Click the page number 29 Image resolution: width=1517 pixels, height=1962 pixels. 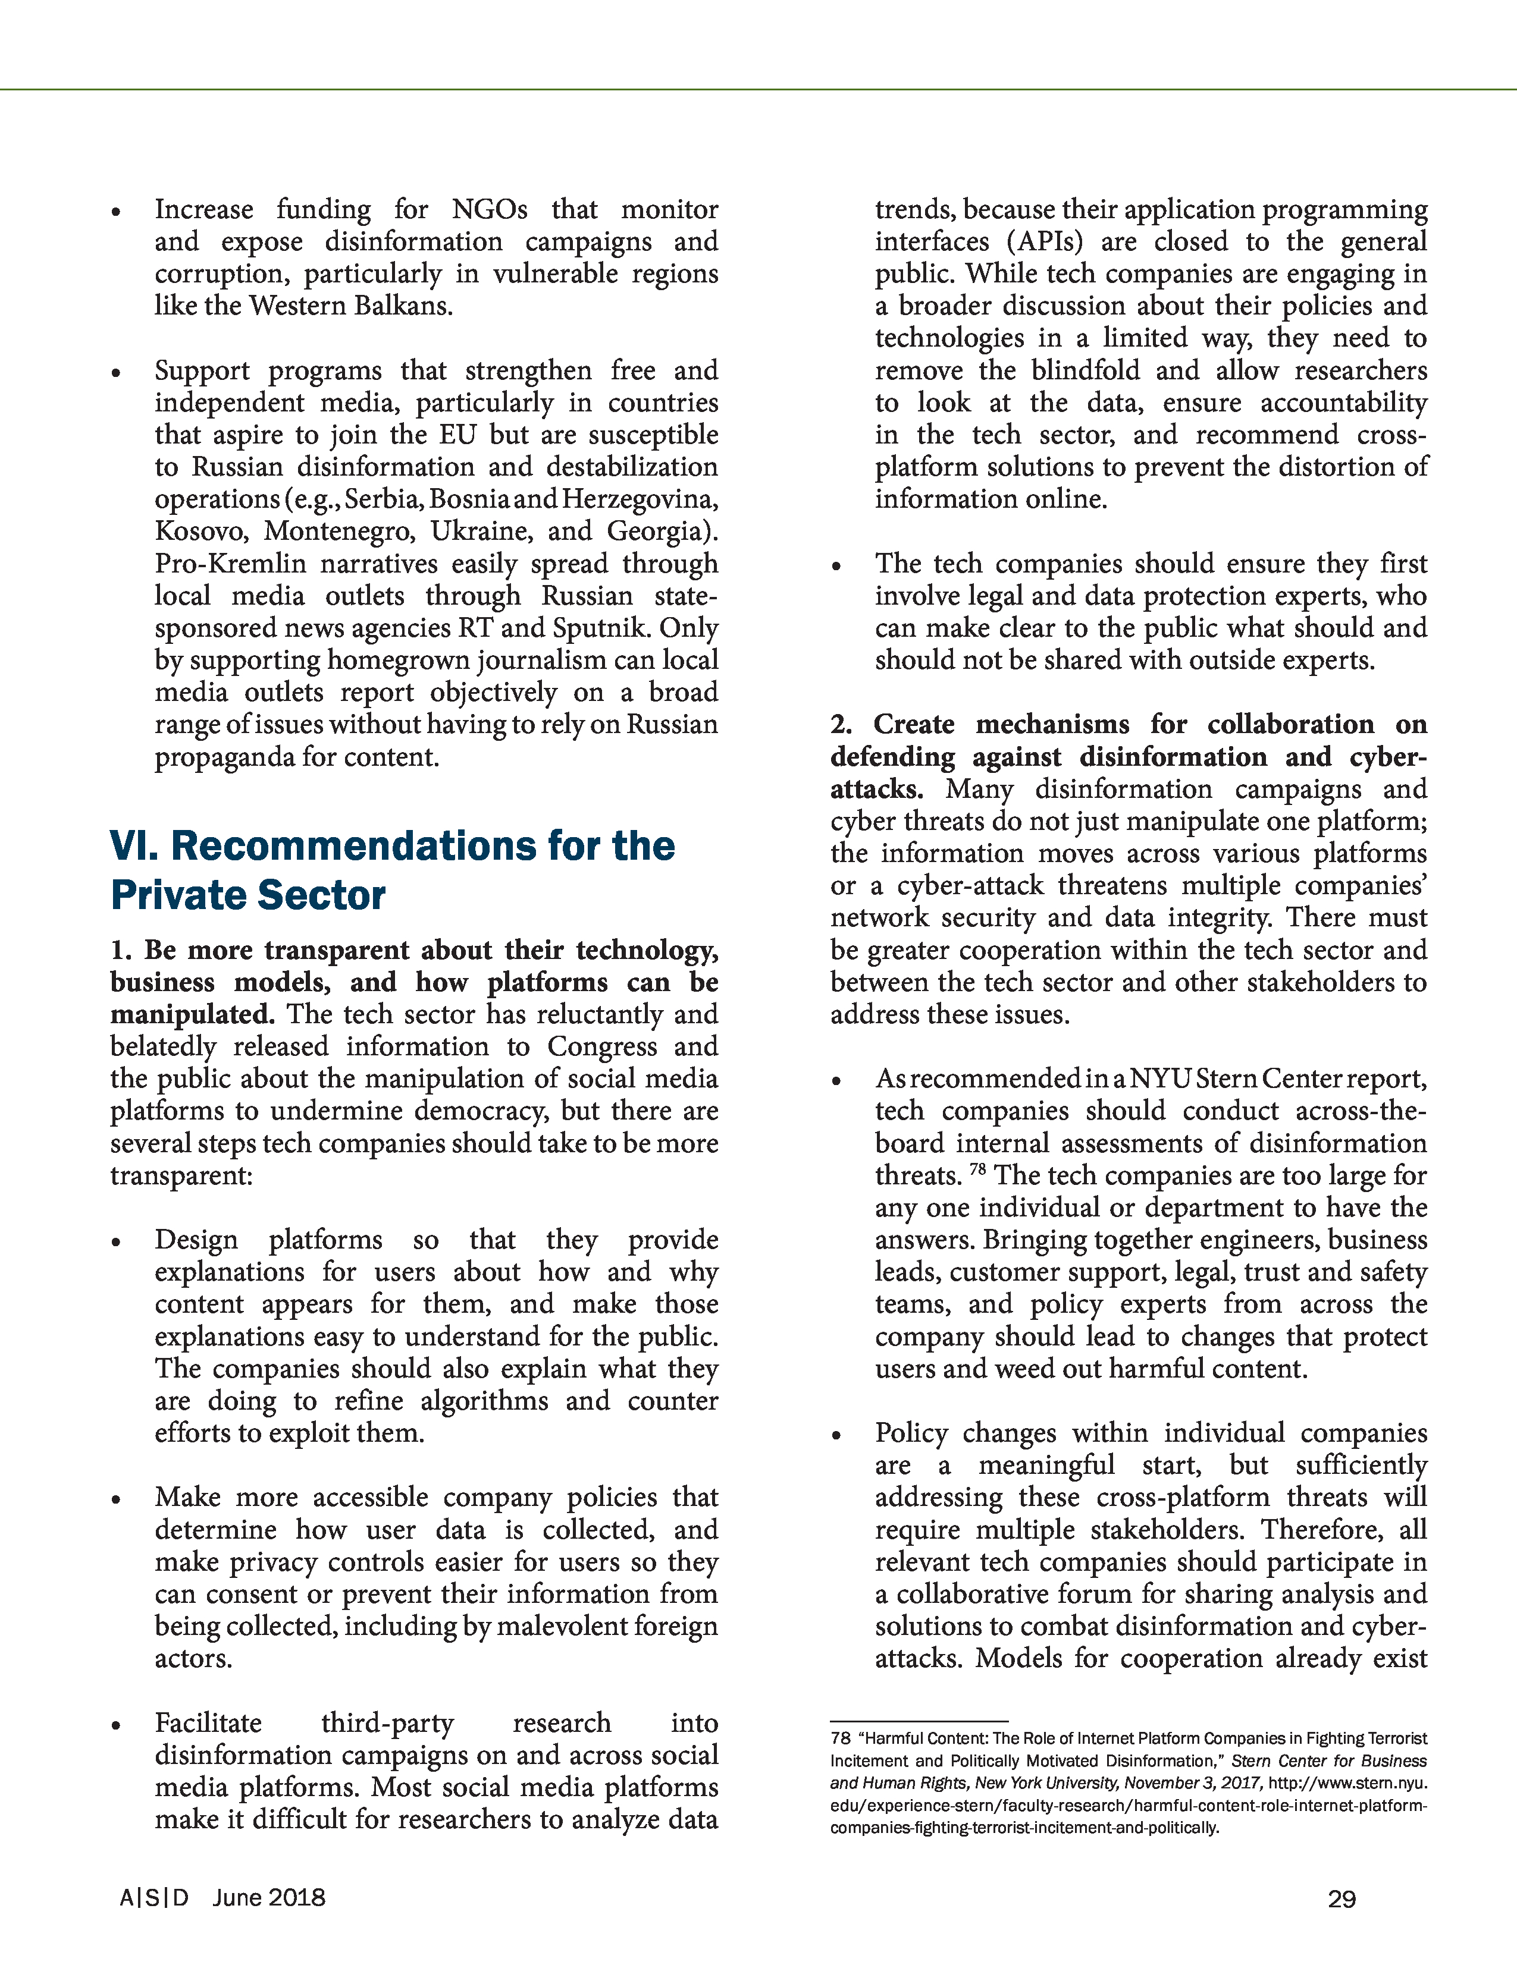pyautogui.click(x=1341, y=1899)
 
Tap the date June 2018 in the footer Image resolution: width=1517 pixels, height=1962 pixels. pyautogui.click(x=269, y=1897)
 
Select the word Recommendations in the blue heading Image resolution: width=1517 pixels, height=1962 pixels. pyautogui.click(x=422, y=846)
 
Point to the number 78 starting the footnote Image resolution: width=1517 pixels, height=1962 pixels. pyautogui.click(x=840, y=1739)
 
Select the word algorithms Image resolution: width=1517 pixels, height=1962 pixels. pyautogui.click(x=484, y=1401)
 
